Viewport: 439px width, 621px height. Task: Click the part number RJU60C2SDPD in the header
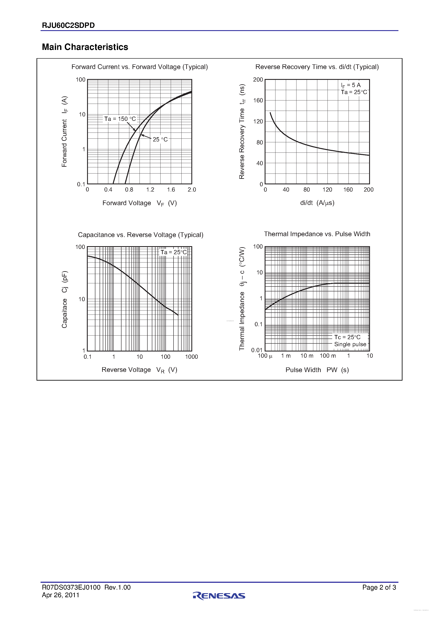[68, 25]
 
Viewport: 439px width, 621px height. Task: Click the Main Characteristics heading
[85, 47]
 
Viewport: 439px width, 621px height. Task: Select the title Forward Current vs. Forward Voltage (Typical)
[140, 67]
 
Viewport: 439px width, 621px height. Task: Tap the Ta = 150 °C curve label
[120, 119]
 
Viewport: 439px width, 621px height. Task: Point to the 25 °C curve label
[160, 139]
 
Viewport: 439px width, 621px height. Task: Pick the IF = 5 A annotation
[351, 85]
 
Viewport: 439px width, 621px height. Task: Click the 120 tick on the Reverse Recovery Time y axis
[258, 121]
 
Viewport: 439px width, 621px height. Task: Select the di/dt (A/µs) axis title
[317, 203]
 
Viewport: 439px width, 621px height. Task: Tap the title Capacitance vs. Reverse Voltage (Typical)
[140, 235]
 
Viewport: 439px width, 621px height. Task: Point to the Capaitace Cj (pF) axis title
[64, 299]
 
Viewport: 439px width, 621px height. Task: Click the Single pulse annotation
[350, 344]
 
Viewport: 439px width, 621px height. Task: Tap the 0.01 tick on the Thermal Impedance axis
[257, 350]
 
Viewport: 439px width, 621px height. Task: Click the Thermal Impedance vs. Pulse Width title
[317, 234]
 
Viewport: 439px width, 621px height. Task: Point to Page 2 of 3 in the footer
[379, 587]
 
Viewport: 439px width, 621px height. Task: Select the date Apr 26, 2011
[61, 595]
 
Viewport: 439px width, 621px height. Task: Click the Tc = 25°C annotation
[347, 337]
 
